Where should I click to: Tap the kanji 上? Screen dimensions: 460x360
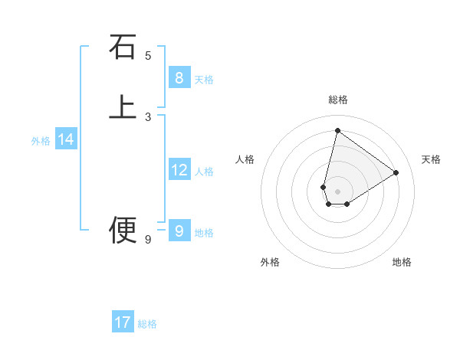click(x=123, y=107)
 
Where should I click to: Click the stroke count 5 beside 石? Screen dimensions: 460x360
click(x=148, y=55)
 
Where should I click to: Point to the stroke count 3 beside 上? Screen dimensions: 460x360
click(x=148, y=117)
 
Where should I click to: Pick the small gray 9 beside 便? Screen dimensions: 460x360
click(x=148, y=240)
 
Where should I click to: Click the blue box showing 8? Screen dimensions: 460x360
click(x=179, y=78)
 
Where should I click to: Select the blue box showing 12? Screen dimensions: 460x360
click(x=179, y=170)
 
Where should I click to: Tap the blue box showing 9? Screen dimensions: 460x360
click(x=179, y=231)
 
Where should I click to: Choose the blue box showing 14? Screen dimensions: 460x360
click(x=66, y=139)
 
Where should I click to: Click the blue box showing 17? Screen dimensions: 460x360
click(x=123, y=322)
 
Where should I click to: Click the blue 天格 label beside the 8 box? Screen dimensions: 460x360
click(x=204, y=80)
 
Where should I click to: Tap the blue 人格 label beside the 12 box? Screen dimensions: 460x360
click(x=204, y=172)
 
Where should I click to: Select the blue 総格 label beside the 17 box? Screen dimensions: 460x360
click(x=147, y=324)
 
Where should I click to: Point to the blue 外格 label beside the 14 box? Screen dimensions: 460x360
click(x=41, y=141)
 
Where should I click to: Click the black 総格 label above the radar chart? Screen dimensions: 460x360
click(x=337, y=100)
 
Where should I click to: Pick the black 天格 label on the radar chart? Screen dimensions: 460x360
click(x=431, y=159)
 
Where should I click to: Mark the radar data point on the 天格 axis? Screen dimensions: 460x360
click(x=396, y=172)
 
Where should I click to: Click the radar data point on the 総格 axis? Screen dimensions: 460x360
click(x=337, y=130)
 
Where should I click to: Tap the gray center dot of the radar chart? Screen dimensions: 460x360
click(x=337, y=191)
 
